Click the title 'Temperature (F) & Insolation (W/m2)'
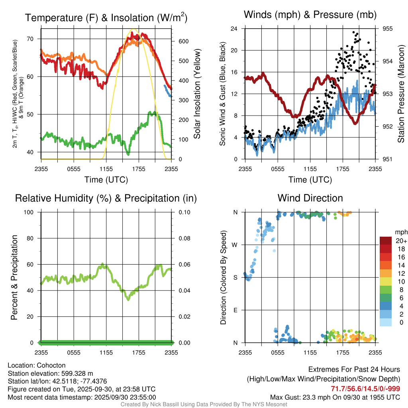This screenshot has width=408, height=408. click(x=106, y=18)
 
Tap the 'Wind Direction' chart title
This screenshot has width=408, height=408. click(x=310, y=198)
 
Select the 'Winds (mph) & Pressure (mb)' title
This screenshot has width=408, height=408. click(x=310, y=15)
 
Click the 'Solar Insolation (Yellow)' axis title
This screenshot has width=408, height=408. click(x=197, y=94)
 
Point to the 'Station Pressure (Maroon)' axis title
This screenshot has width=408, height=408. click(x=401, y=94)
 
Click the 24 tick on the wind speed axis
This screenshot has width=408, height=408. click(x=234, y=29)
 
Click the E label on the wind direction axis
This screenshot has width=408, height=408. click(x=235, y=310)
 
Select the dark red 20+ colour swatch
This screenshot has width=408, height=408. click(x=386, y=241)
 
